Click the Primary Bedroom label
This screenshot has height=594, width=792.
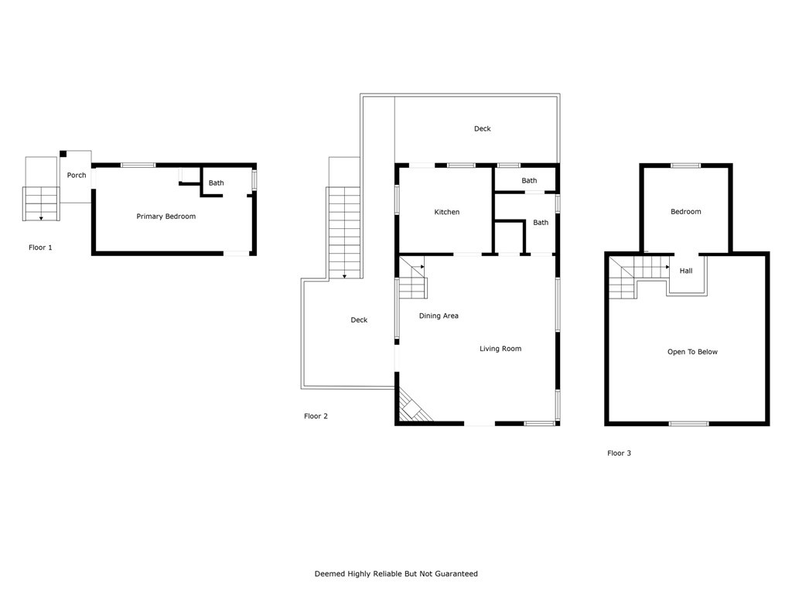point(166,217)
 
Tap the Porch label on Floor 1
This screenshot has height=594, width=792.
point(77,176)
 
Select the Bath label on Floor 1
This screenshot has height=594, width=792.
point(216,183)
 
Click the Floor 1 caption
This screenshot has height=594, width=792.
point(40,247)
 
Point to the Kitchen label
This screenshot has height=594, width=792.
point(446,212)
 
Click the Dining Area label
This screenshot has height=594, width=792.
point(439,316)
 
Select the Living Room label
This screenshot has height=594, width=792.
point(500,349)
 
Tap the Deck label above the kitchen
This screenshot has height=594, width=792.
point(482,129)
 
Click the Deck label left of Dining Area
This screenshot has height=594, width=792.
point(359,320)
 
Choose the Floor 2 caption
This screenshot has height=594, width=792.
point(316,416)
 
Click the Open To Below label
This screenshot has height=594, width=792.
point(692,352)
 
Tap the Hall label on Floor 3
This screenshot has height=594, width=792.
point(686,271)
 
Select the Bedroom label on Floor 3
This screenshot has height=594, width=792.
point(685,212)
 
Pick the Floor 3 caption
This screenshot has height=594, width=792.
point(619,453)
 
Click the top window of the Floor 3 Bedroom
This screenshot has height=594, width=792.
point(685,165)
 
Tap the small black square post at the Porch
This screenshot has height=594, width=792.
point(63,154)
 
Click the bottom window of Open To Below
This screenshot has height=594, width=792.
point(688,424)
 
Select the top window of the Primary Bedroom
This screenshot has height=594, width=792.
point(138,165)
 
